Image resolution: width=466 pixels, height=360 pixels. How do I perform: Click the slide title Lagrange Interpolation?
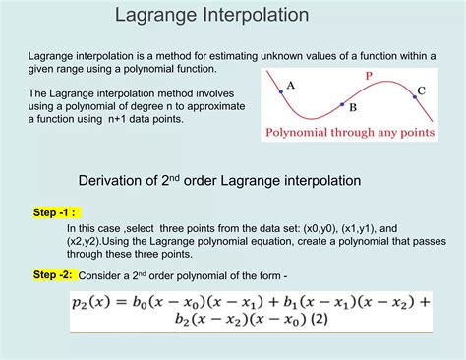(211, 16)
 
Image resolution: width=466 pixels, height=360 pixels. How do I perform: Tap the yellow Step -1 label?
(55, 212)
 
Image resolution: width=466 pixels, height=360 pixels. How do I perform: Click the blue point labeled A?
(280, 91)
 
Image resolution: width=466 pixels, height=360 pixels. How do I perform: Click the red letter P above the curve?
(368, 76)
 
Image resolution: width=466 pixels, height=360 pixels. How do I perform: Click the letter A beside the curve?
(291, 85)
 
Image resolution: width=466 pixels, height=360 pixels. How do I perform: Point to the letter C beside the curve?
(421, 90)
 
